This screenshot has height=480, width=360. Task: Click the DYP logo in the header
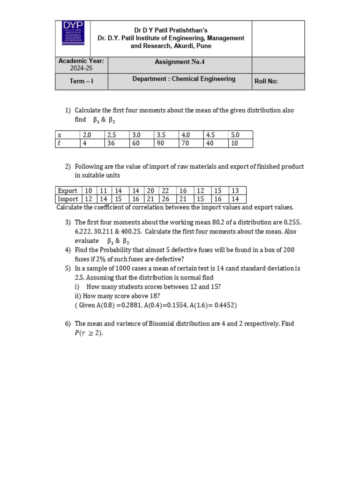[72, 32]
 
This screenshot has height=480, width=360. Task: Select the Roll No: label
[266, 81]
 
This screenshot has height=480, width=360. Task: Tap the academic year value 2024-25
[81, 68]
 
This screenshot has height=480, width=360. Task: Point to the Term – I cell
[81, 81]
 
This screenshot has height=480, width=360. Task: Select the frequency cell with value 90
[162, 143]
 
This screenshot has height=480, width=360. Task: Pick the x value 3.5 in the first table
[162, 135]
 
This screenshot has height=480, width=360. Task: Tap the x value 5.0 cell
[235, 135]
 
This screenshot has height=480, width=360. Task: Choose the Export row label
[67, 190]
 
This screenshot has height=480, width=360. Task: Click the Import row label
[68, 199]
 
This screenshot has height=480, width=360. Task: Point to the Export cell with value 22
[166, 190]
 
